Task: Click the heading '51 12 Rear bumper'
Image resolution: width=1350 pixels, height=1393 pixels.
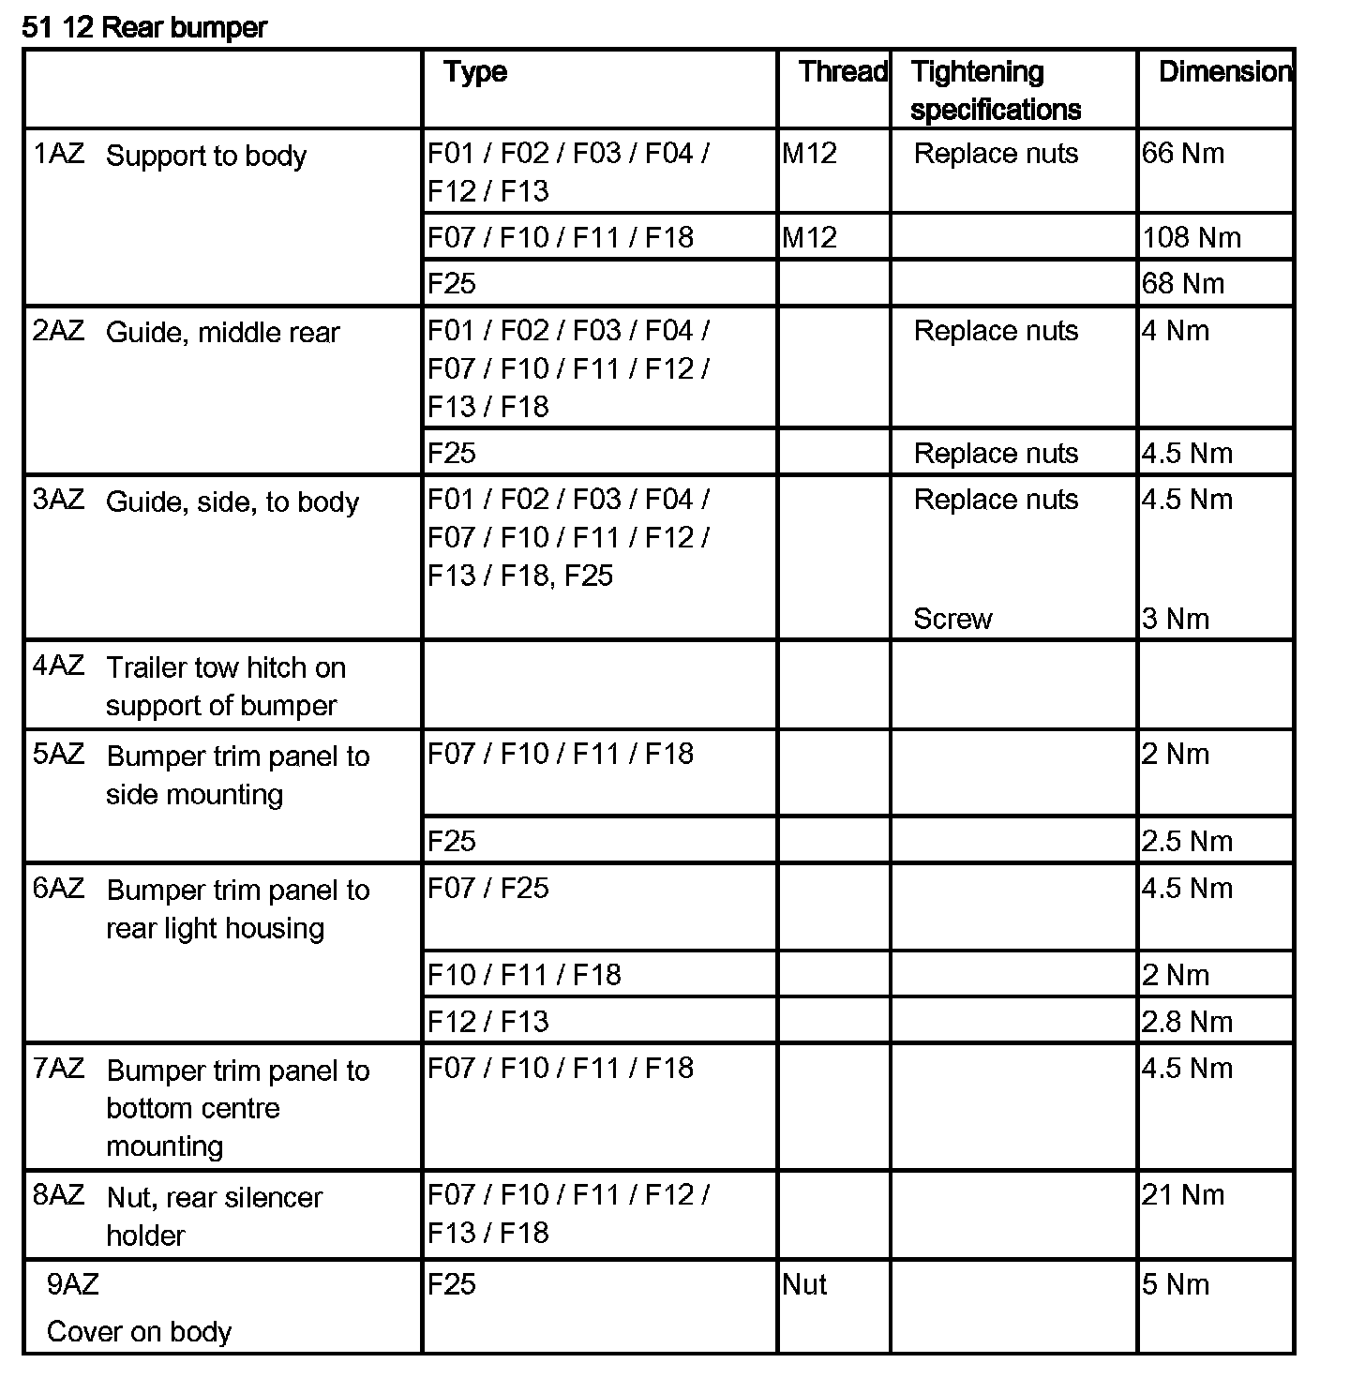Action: [x=144, y=28]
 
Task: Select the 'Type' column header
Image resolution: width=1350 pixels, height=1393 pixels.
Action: [x=475, y=72]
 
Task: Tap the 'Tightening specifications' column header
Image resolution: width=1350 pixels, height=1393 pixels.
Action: [x=995, y=91]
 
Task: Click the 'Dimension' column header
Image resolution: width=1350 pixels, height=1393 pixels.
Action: [x=1224, y=72]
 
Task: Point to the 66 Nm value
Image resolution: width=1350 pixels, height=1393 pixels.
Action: [x=1183, y=154]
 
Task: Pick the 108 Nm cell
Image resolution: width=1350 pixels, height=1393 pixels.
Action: [x=1191, y=238]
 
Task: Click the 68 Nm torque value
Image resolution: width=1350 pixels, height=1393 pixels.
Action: [x=1183, y=284]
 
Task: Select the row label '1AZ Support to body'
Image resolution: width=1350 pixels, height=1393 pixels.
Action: [x=170, y=156]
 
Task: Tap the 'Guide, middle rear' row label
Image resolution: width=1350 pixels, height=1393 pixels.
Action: [x=222, y=333]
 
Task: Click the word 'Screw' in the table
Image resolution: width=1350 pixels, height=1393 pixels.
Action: [x=952, y=620]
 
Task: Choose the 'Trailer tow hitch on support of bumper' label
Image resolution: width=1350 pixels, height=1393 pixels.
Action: [x=225, y=687]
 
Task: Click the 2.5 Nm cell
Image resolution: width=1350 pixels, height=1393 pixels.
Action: [x=1187, y=842]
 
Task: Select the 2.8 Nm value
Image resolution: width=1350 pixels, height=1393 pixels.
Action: [x=1187, y=1022]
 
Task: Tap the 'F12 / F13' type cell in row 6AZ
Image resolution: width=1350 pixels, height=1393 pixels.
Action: [x=488, y=1022]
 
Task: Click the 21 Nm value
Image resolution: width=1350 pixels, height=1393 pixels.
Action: [x=1183, y=1195]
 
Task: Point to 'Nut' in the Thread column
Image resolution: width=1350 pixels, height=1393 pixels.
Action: [x=804, y=1284]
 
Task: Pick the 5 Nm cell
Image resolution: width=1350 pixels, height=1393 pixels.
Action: [x=1176, y=1284]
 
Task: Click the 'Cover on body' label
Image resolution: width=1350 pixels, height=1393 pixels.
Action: [x=139, y=1332]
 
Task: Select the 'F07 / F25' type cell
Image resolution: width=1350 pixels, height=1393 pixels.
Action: [x=488, y=889]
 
